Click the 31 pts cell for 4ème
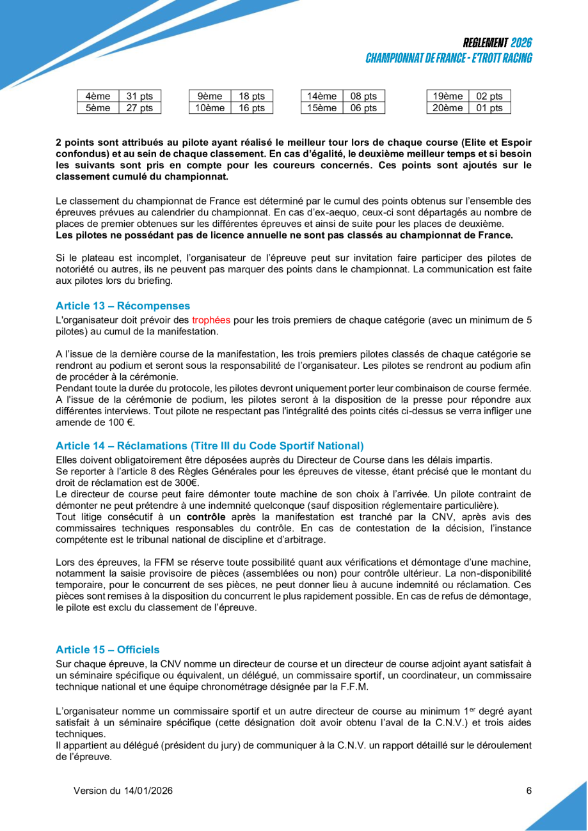139,96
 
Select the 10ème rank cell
209,108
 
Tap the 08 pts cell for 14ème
363,96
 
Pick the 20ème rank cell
447,108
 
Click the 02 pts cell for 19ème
489,96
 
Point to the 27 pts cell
139,108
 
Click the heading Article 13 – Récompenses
123,306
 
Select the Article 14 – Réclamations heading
209,446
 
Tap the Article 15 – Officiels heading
107,649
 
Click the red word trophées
211,318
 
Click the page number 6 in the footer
529,791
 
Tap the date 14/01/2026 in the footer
148,791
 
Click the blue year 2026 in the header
521,43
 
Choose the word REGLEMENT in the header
486,43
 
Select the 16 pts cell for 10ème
251,108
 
